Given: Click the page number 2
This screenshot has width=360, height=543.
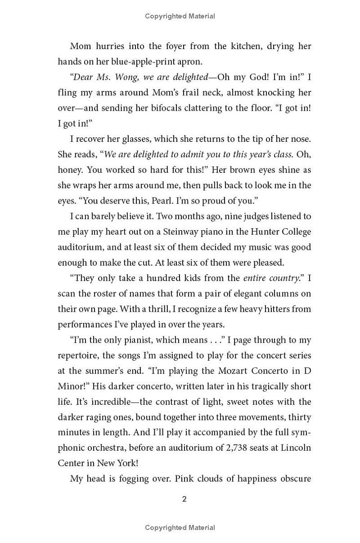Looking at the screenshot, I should coord(184,499).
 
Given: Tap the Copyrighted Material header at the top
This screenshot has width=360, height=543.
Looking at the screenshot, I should coord(180,16).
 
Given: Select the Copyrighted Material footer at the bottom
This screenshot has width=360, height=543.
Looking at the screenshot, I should coord(180,528).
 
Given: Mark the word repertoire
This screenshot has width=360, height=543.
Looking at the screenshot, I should coord(77,355).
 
